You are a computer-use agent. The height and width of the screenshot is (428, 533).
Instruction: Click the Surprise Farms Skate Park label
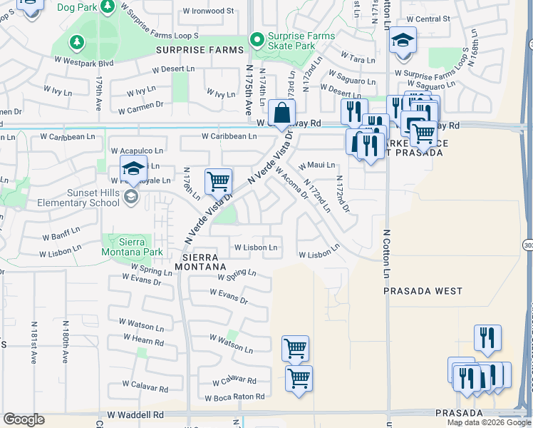click(291, 41)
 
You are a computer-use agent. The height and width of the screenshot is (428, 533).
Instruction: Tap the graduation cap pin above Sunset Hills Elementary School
click(133, 170)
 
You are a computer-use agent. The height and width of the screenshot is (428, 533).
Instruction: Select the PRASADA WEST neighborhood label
click(423, 291)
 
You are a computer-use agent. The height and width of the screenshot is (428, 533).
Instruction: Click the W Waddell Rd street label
click(135, 414)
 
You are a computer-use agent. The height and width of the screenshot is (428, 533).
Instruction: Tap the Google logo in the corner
click(24, 419)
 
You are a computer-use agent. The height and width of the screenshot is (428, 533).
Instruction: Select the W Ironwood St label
click(208, 11)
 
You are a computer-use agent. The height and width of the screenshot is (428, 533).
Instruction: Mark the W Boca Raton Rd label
click(234, 397)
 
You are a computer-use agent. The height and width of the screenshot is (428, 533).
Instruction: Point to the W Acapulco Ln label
click(137, 151)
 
